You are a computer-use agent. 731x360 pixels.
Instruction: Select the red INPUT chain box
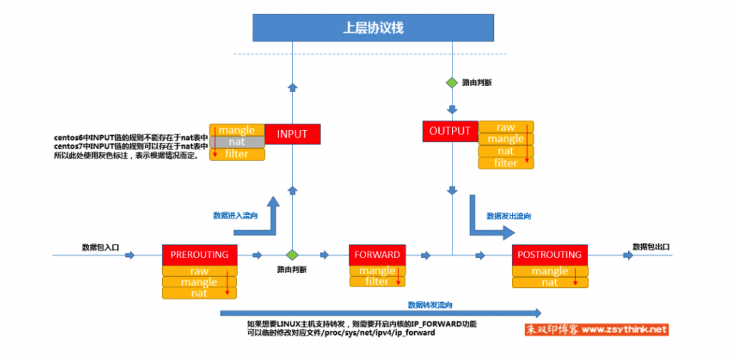(291, 134)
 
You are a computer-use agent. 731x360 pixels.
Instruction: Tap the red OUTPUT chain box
(450, 131)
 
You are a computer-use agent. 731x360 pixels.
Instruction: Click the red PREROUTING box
(199, 254)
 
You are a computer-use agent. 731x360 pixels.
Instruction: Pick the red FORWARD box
(377, 255)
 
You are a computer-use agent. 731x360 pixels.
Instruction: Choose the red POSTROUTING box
(550, 255)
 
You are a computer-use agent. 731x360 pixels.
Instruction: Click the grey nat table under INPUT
(237, 142)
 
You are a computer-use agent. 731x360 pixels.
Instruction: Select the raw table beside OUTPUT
(505, 127)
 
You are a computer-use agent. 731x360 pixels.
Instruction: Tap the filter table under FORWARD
(377, 281)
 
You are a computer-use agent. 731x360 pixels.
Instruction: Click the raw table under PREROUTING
(199, 271)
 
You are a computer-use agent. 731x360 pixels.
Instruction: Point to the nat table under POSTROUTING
(550, 282)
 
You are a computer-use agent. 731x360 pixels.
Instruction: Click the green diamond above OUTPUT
(452, 83)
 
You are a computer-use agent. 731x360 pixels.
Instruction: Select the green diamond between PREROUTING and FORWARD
(291, 254)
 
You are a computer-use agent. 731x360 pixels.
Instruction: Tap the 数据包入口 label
(100, 246)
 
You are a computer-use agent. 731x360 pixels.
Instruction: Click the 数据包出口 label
(651, 246)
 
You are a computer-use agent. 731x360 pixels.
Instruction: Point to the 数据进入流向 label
(236, 214)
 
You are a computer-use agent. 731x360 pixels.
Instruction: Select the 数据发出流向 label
(508, 215)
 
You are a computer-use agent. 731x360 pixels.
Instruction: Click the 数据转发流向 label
(430, 304)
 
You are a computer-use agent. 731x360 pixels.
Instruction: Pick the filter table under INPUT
(237, 154)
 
